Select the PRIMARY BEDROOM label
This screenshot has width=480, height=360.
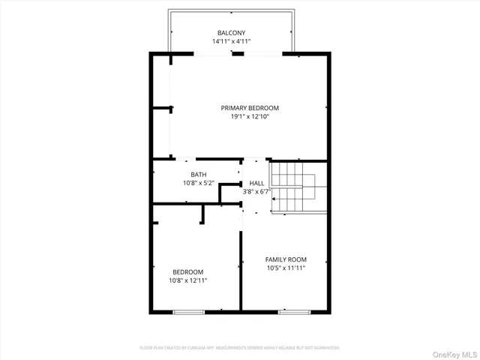[x=255, y=108]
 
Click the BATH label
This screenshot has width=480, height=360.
[x=198, y=175]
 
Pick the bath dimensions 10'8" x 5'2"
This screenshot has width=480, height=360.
[x=199, y=183]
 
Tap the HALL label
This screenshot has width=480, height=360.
[x=256, y=183]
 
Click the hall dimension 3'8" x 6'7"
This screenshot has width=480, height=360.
[x=256, y=192]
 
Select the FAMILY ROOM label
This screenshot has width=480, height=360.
[x=286, y=259]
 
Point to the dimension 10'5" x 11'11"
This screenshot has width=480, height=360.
[x=286, y=268]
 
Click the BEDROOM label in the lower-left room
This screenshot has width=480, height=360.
[x=187, y=271]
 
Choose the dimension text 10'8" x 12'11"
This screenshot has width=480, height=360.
[x=187, y=280]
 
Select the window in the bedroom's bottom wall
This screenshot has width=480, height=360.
[x=188, y=311]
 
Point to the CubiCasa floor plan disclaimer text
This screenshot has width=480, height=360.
[x=240, y=348]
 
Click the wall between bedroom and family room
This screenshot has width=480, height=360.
[x=240, y=270]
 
